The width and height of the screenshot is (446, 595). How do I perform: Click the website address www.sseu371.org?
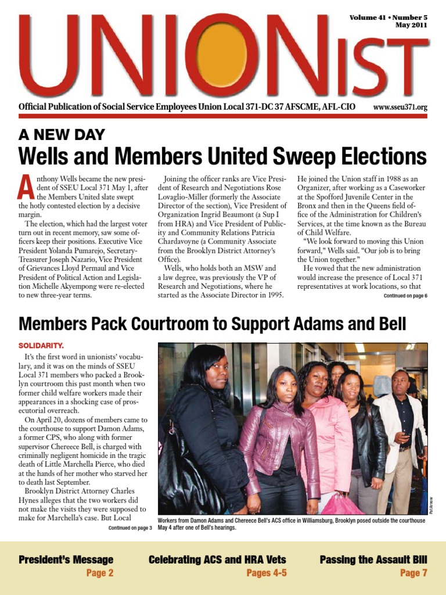[400, 107]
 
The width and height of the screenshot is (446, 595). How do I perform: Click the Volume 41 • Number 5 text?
[388, 17]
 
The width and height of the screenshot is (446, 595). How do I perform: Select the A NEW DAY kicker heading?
[62, 135]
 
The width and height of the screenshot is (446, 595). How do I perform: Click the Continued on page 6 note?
[405, 296]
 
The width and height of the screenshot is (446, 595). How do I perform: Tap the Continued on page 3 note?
[130, 528]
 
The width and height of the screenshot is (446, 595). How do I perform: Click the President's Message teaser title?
[66, 560]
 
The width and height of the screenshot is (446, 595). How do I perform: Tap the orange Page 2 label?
[99, 574]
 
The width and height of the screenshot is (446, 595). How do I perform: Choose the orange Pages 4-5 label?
[267, 574]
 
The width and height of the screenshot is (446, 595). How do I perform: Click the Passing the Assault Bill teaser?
[373, 560]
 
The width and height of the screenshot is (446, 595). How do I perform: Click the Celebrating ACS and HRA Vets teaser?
[217, 560]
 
